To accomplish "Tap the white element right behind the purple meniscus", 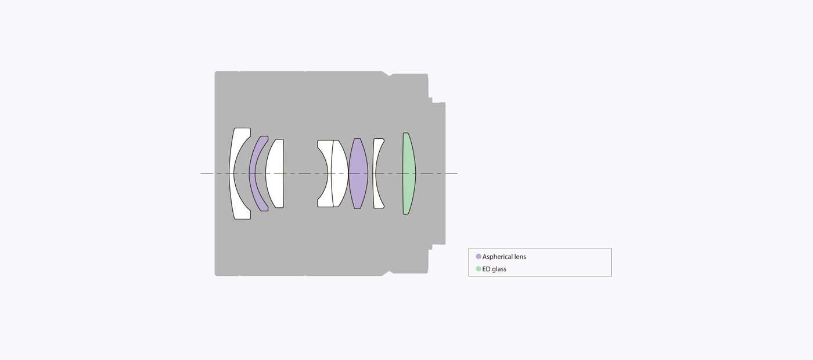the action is coord(275,174).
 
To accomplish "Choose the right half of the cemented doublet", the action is coord(340,174).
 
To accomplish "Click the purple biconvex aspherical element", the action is coord(358,174).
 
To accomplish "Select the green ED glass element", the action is coord(409,174).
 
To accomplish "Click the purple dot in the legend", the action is coord(479,257).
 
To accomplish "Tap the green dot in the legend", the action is coord(479,269).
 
